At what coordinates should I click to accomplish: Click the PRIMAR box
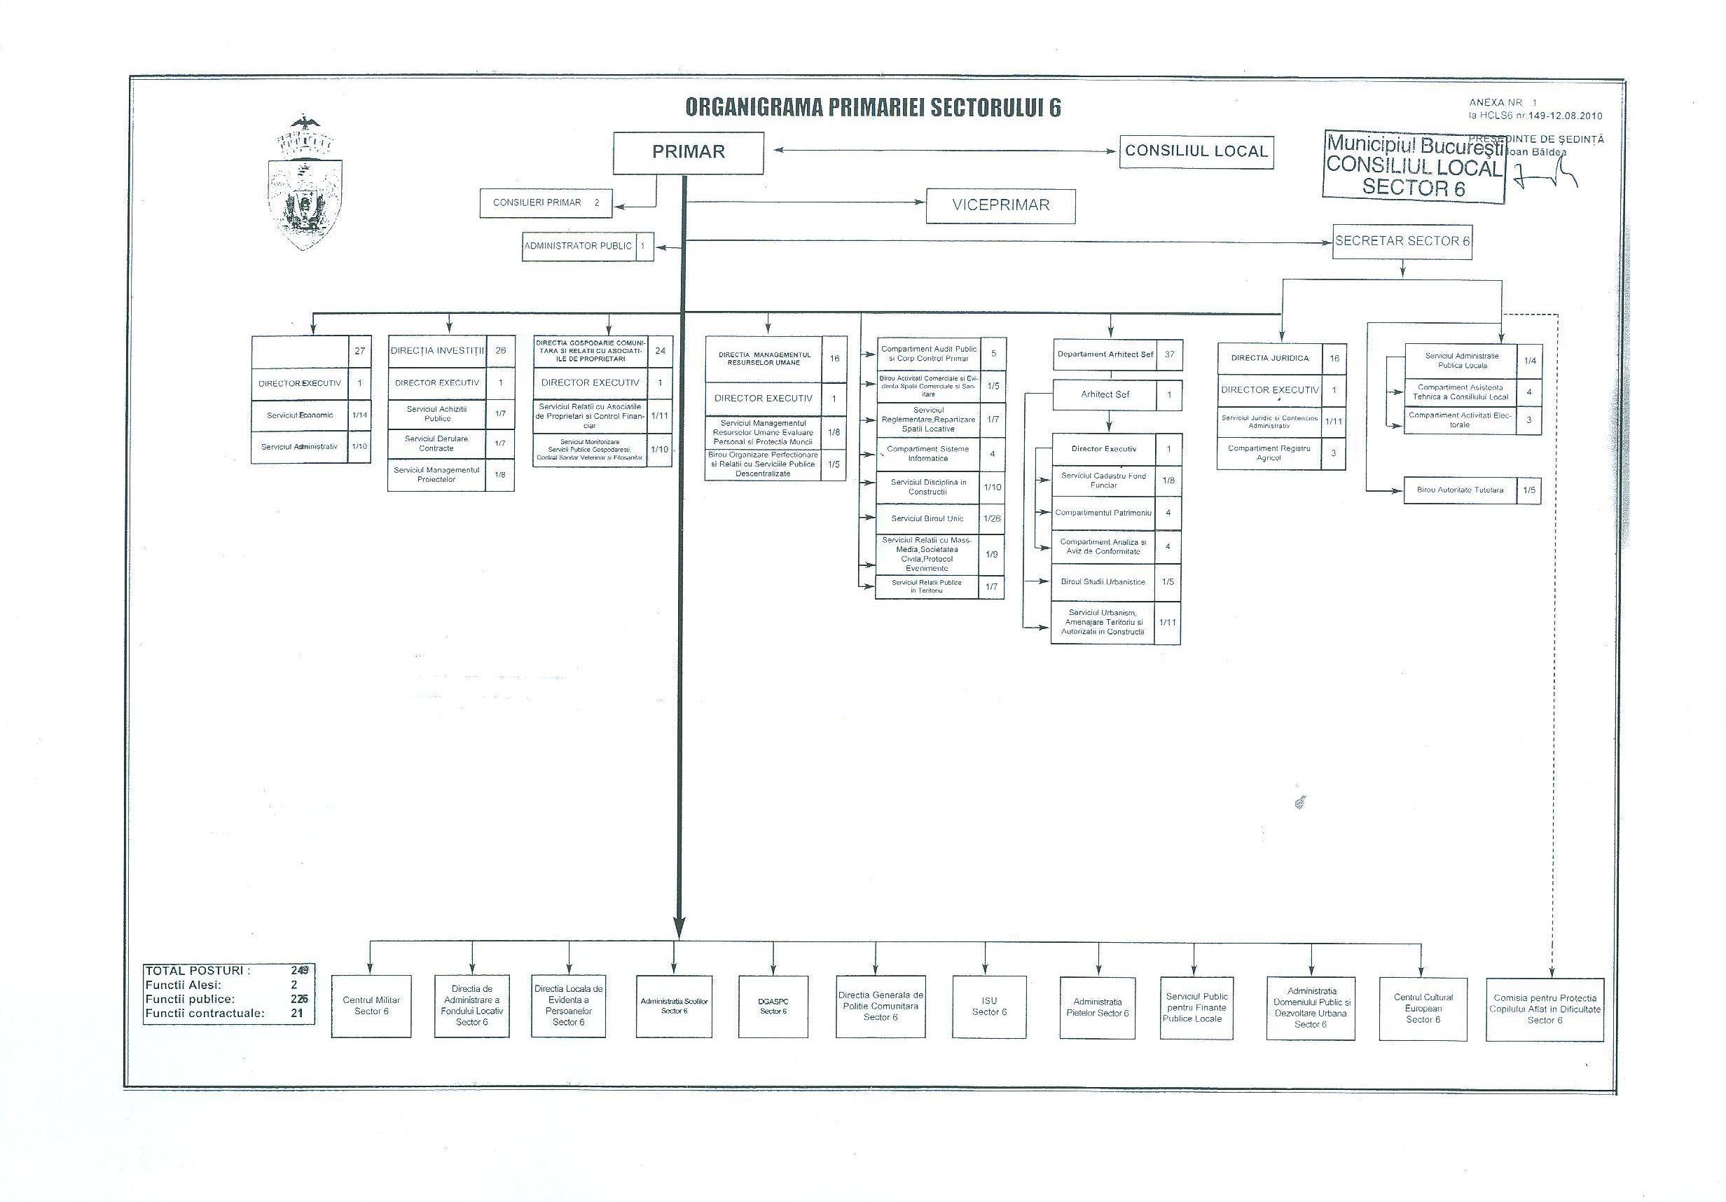[x=688, y=153]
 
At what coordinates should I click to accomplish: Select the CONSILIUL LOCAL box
[x=1196, y=152]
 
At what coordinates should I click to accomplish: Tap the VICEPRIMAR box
[x=1000, y=205]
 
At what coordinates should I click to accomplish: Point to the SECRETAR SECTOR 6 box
[x=1402, y=241]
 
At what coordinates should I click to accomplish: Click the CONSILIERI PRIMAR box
[x=545, y=203]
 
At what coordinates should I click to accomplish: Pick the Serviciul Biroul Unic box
[x=927, y=518]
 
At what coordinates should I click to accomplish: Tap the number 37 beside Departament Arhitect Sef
[x=1169, y=354]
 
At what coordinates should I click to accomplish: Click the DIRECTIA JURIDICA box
[x=1271, y=359]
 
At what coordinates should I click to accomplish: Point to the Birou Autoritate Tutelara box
[x=1460, y=490]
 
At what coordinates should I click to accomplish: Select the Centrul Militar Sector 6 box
[x=371, y=1006]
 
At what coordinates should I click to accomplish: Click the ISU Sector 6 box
[x=989, y=1006]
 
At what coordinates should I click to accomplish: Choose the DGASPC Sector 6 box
[x=773, y=1006]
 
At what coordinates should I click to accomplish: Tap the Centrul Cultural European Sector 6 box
[x=1423, y=1008]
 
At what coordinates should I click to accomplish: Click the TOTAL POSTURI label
[x=198, y=970]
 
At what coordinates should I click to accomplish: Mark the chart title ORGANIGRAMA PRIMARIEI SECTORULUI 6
[x=873, y=107]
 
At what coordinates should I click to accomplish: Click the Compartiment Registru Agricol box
[x=1269, y=453]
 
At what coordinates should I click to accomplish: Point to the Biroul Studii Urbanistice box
[x=1103, y=582]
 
